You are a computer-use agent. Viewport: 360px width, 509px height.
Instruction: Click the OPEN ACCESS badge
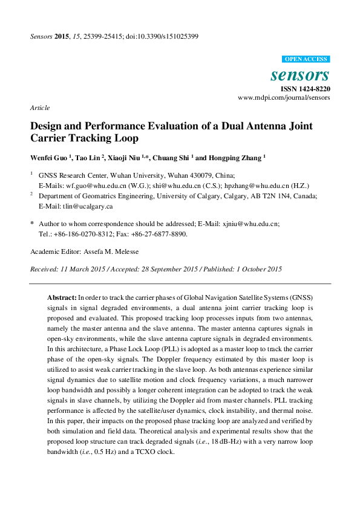[x=306, y=59]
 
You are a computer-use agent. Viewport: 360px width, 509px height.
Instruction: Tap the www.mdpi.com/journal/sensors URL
[x=284, y=97]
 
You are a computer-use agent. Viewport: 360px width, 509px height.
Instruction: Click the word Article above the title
[x=39, y=107]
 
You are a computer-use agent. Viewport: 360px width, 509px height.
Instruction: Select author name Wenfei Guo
[x=50, y=157]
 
